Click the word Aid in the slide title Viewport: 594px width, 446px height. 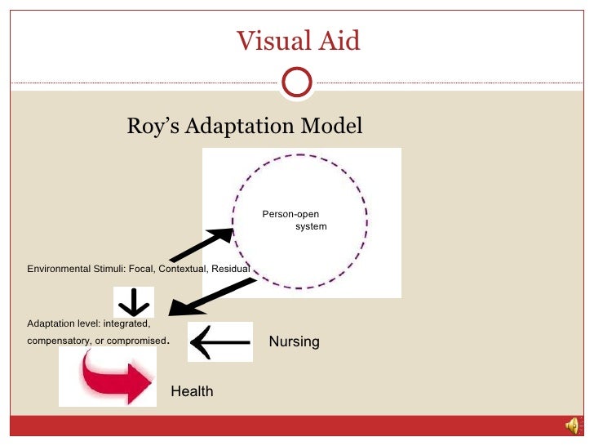click(339, 39)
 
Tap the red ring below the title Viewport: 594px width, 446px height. click(296, 82)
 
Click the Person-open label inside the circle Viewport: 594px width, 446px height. click(290, 214)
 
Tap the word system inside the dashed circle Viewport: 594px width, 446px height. click(311, 225)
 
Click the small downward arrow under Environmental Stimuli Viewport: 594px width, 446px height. click(133, 303)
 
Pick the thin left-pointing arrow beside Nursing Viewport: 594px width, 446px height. click(219, 341)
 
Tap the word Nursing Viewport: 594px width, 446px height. click(294, 341)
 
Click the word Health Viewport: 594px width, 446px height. click(192, 391)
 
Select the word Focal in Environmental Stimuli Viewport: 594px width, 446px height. click(141, 269)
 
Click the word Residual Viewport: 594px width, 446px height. click(230, 269)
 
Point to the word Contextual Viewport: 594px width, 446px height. click(183, 269)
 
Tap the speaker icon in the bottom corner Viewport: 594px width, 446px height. click(573, 425)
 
